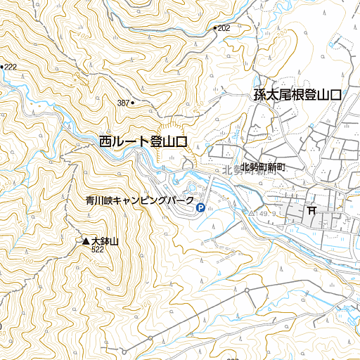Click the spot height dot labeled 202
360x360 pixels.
click(214, 28)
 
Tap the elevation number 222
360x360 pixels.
click(11, 67)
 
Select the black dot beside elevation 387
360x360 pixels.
click(133, 103)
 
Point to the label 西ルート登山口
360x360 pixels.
click(143, 141)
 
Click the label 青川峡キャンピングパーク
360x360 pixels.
click(139, 200)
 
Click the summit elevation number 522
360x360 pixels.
click(97, 250)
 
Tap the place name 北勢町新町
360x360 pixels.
click(264, 167)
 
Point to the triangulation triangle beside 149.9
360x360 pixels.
click(252, 212)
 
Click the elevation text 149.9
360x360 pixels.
click(265, 212)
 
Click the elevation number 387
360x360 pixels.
click(123, 103)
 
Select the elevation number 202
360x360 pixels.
click(224, 28)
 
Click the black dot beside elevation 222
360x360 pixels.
click(3, 67)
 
